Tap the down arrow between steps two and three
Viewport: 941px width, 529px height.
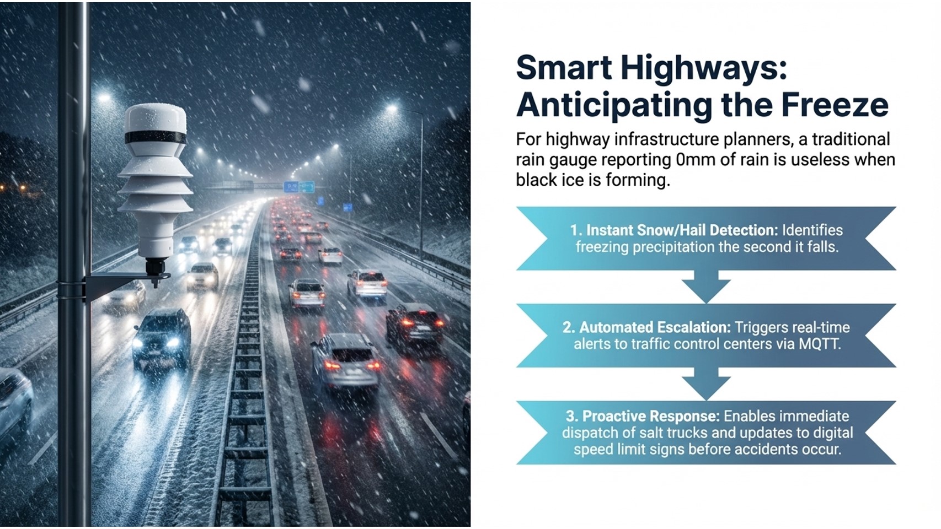pyautogui.click(x=706, y=384)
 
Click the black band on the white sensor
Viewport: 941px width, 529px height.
pyautogui.click(x=156, y=137)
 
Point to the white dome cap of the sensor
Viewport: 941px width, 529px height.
pyautogui.click(x=156, y=118)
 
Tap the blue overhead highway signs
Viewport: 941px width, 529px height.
pyautogui.click(x=299, y=186)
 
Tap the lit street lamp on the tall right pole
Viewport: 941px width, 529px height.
pyautogui.click(x=392, y=109)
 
